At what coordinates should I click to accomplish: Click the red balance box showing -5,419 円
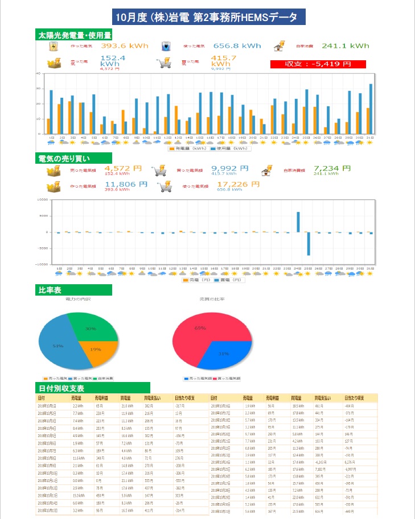[318, 64]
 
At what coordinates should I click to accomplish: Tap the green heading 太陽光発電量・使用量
[74, 35]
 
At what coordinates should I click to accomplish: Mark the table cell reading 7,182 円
[320, 470]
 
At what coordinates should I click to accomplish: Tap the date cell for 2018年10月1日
[47, 406]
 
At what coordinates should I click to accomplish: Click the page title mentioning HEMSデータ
[207, 17]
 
